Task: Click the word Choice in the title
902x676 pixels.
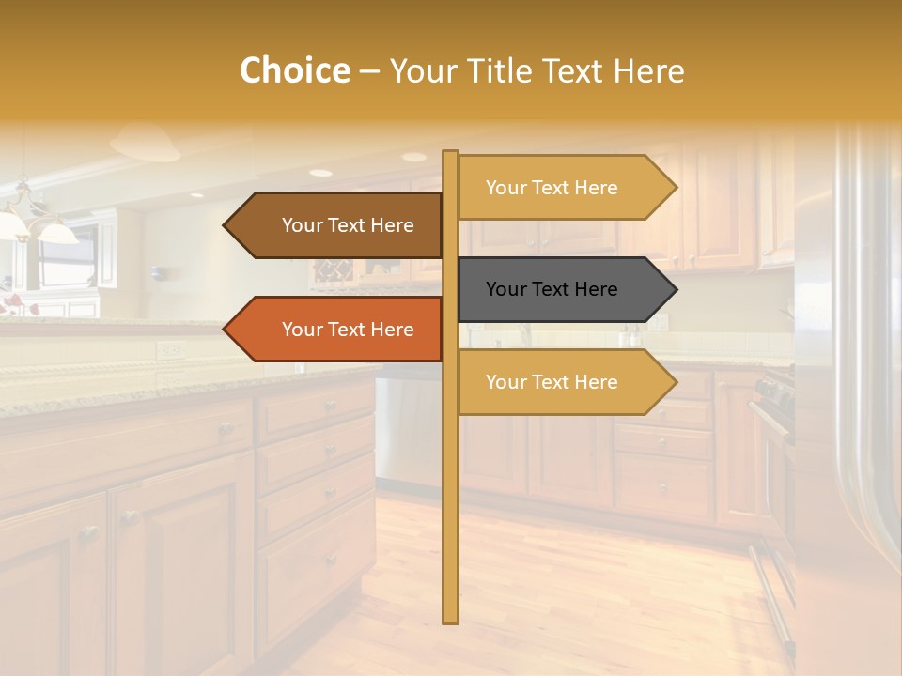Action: click(x=294, y=71)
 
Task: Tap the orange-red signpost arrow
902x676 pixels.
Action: click(x=333, y=330)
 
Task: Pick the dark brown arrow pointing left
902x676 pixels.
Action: click(x=333, y=225)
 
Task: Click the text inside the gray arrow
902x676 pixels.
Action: click(x=552, y=289)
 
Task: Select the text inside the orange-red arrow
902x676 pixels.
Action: click(x=348, y=330)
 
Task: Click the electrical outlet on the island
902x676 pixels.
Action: click(x=169, y=350)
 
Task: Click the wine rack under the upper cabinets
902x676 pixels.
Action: click(x=332, y=273)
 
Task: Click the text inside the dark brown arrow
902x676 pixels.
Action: click(x=348, y=225)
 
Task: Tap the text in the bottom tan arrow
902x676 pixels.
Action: click(x=552, y=382)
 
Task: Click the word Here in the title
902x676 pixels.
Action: click(x=649, y=71)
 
